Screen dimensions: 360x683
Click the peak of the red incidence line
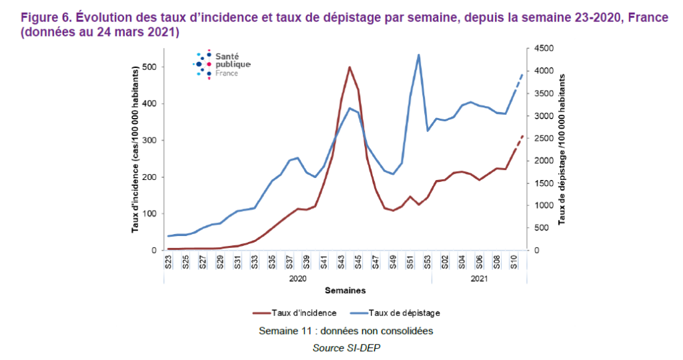(350, 67)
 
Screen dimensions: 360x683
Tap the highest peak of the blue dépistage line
(418, 55)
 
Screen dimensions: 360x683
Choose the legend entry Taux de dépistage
(404, 312)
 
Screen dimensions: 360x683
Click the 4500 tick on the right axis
(541, 49)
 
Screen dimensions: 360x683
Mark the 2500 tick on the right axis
(541, 139)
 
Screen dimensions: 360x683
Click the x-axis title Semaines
(345, 291)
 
